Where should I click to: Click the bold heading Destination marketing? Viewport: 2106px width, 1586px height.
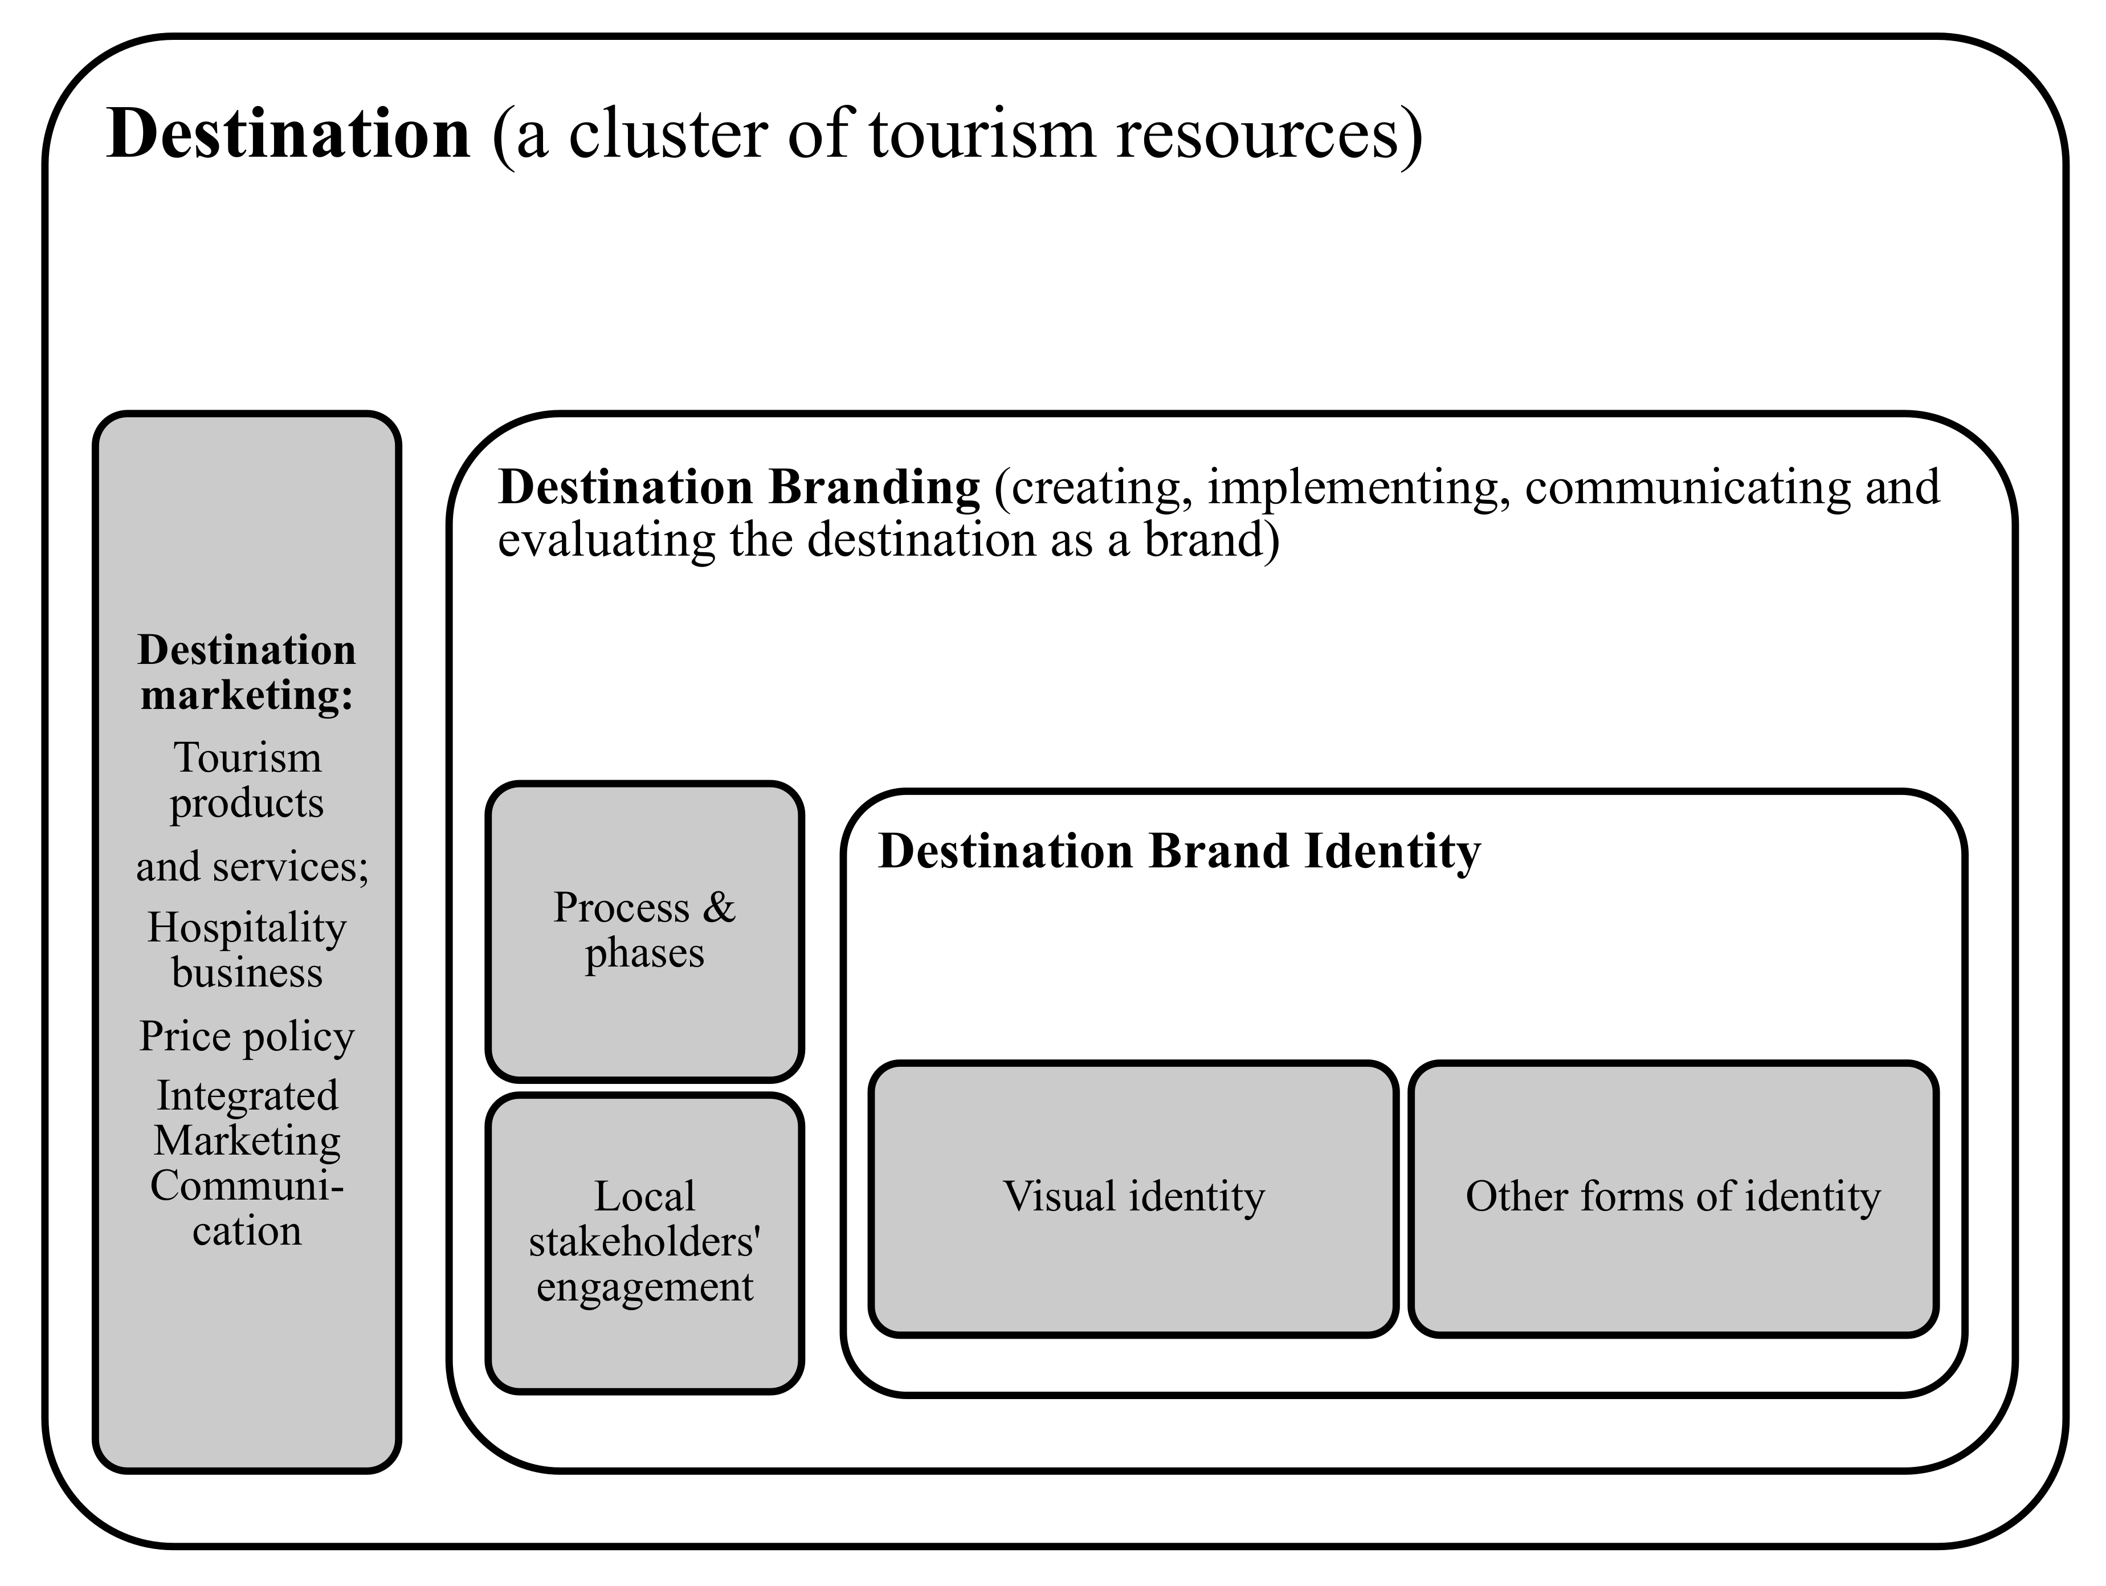coord(247,672)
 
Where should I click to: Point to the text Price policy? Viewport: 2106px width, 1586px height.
coord(247,1035)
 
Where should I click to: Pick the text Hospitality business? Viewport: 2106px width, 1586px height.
coord(247,950)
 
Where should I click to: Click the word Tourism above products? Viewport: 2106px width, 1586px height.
coord(247,758)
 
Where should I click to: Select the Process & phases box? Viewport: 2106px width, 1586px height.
coord(644,931)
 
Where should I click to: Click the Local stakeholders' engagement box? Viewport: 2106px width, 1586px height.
coord(644,1242)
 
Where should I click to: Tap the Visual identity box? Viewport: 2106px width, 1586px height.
coord(1133,1197)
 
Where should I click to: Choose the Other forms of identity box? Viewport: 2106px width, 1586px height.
coord(1673,1197)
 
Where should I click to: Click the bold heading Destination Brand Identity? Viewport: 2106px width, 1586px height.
coord(1179,851)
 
